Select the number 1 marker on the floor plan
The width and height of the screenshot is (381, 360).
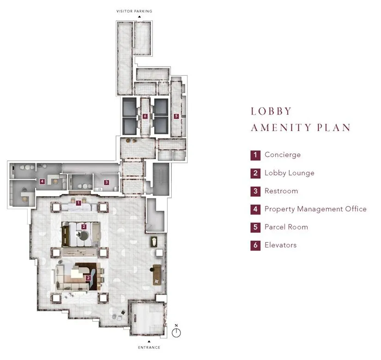[79, 203]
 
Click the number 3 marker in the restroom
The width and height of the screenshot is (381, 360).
[106, 182]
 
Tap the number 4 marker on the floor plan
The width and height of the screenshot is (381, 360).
[42, 181]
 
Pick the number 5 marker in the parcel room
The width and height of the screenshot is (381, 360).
[176, 117]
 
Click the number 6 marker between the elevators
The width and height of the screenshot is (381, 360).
[145, 117]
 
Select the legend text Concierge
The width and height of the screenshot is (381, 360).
[282, 155]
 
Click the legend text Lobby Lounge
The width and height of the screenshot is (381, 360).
[289, 173]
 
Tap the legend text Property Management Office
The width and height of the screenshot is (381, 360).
[315, 209]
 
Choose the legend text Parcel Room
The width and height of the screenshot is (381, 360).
[286, 227]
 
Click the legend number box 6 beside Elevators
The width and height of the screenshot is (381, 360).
[255, 245]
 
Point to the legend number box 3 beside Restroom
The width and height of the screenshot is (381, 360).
[255, 191]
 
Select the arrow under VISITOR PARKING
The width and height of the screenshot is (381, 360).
[139, 17]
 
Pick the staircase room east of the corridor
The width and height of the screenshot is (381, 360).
[161, 179]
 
